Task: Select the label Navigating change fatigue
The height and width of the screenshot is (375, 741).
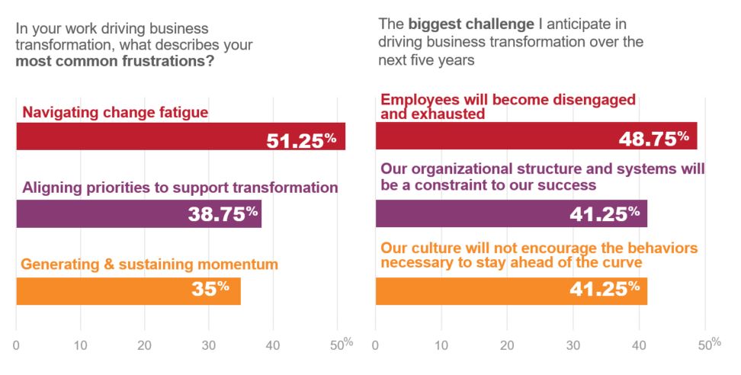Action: coord(115,113)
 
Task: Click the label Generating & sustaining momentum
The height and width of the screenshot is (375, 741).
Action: coord(149,265)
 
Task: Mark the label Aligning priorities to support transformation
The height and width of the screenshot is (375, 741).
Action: coord(180,187)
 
